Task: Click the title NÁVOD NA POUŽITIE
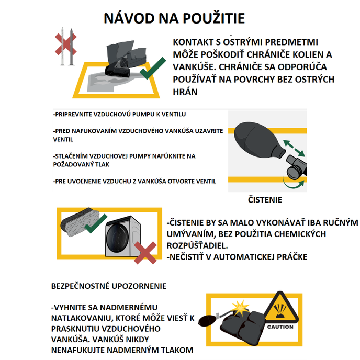point(174,18)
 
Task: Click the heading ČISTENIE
point(265,200)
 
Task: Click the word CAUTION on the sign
point(280,327)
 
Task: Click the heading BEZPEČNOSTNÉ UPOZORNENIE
point(108,286)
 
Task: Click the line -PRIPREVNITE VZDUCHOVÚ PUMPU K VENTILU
point(119,114)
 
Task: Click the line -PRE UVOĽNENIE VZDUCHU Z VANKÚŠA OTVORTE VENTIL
point(134,181)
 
